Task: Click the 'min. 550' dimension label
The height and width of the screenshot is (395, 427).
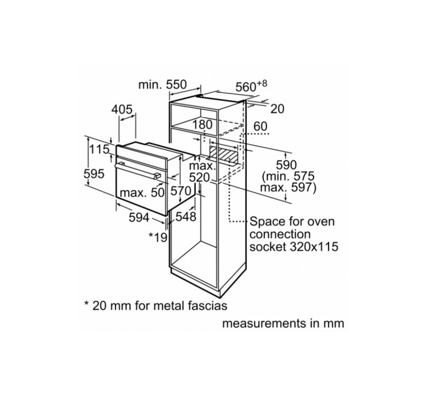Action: tap(161, 84)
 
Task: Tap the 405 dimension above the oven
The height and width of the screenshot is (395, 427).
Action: tap(122, 110)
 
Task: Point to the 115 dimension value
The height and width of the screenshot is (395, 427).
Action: tap(99, 150)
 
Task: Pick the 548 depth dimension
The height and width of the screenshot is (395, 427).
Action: tap(187, 217)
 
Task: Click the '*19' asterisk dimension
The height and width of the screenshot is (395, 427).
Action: tap(157, 236)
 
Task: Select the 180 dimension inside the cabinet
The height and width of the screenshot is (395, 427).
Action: tap(202, 125)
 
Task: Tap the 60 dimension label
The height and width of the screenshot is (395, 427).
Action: tap(261, 127)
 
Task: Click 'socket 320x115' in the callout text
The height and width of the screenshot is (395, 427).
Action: tap(293, 247)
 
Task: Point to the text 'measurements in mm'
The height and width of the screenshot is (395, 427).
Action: tap(283, 324)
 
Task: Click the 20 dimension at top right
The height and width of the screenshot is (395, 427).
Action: tap(278, 109)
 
